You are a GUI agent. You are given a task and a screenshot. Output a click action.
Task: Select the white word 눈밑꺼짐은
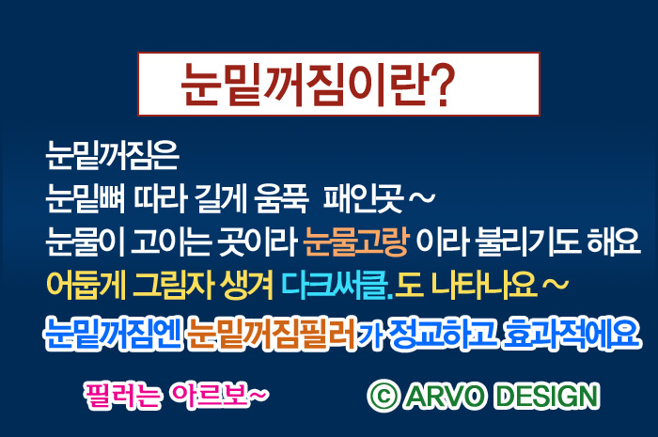point(113,155)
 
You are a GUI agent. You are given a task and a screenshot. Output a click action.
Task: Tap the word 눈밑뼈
point(86,198)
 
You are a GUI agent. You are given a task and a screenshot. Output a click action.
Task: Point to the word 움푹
point(282,198)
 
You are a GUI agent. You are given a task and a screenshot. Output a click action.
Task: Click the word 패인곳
point(364,198)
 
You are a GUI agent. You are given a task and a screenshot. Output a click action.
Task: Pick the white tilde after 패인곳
point(422,197)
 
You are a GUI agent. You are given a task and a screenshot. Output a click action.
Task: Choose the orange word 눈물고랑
point(355,242)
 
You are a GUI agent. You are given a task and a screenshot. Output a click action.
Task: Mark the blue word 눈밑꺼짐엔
point(113,334)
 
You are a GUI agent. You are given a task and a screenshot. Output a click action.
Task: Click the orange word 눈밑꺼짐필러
point(272,334)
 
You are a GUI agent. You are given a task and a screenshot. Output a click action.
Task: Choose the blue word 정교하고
point(443,334)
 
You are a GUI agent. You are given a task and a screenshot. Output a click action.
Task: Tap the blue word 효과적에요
point(572,334)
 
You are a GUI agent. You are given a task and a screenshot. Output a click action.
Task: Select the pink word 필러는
point(122,395)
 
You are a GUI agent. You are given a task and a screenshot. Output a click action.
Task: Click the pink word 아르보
point(209,395)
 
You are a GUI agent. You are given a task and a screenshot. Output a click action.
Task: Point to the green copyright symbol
point(384,396)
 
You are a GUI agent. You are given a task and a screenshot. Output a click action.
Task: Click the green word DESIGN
point(547,396)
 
